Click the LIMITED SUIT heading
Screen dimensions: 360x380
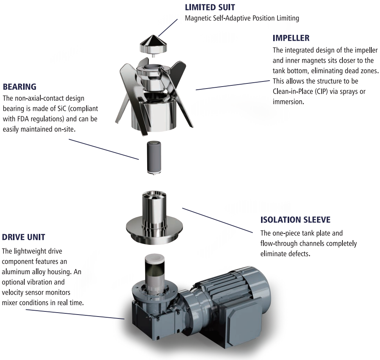[x=210, y=7]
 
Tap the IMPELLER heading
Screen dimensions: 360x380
[x=291, y=38]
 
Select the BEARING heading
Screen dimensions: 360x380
[x=20, y=86]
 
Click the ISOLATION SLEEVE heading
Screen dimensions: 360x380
[x=295, y=220]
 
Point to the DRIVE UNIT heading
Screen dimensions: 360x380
[x=23, y=237]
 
